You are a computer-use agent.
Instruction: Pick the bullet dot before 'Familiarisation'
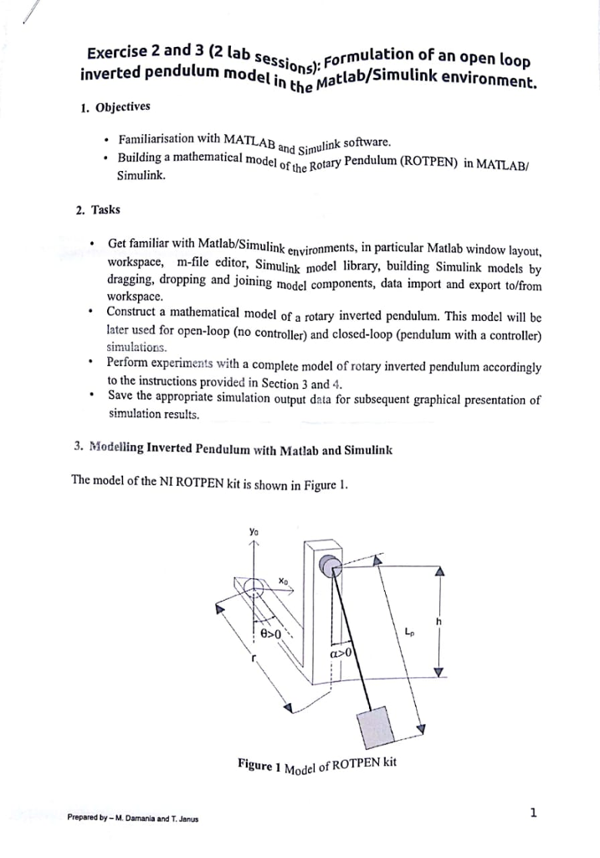point(102,139)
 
